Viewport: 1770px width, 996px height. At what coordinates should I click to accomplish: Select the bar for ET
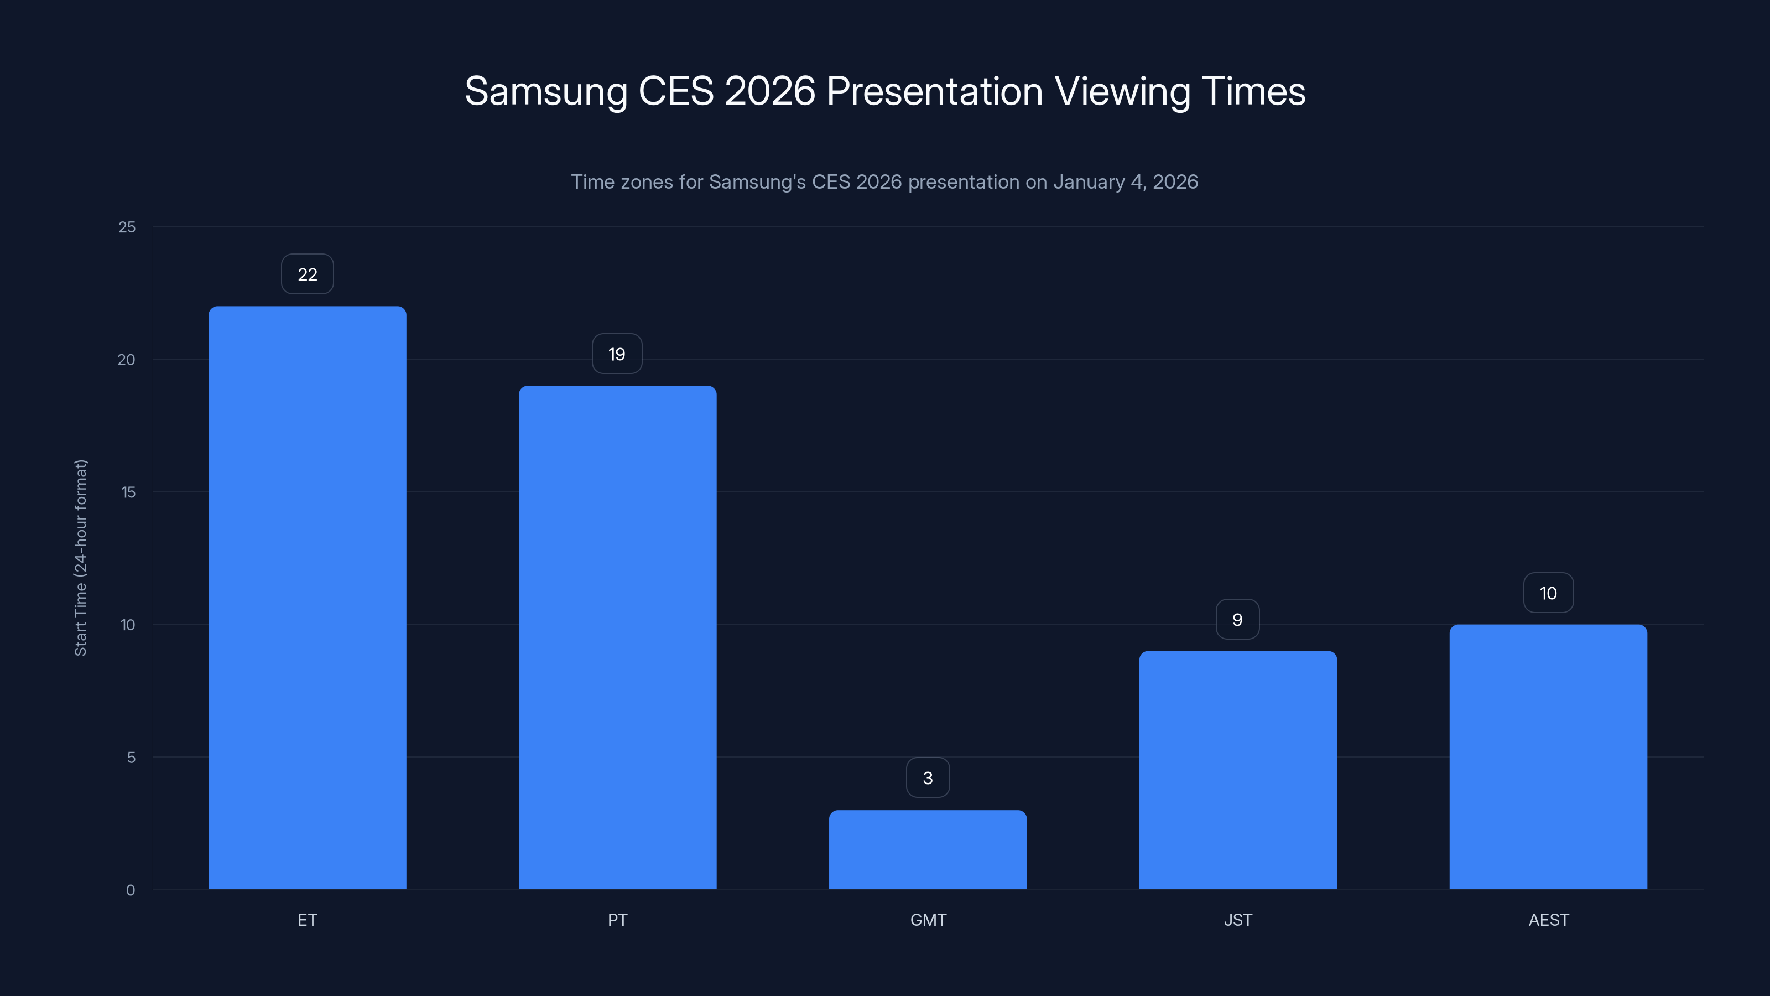pyautogui.click(x=307, y=598)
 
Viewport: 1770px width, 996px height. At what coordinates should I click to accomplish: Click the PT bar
pyautogui.click(x=617, y=637)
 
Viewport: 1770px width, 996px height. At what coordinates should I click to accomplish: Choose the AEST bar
pyautogui.click(x=1548, y=757)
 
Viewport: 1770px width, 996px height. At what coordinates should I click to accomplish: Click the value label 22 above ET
pyautogui.click(x=307, y=274)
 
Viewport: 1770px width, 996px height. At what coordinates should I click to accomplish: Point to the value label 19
pyautogui.click(x=617, y=354)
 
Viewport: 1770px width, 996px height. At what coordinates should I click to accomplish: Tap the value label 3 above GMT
pyautogui.click(x=928, y=777)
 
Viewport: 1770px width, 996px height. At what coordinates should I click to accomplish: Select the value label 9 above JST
pyautogui.click(x=1237, y=619)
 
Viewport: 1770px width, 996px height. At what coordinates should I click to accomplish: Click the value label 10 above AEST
pyautogui.click(x=1548, y=593)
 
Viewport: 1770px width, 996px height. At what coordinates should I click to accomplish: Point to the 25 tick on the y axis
pyautogui.click(x=127, y=227)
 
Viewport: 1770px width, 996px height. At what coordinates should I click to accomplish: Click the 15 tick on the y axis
pyautogui.click(x=128, y=492)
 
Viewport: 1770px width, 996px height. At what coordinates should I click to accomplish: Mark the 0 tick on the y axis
pyautogui.click(x=131, y=890)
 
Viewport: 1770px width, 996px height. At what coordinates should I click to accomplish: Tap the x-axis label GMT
pyautogui.click(x=928, y=920)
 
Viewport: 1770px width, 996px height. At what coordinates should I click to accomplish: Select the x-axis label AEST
pyautogui.click(x=1548, y=920)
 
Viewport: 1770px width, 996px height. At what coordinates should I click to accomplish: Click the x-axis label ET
pyautogui.click(x=307, y=920)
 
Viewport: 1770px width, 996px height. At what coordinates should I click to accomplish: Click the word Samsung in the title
pyautogui.click(x=545, y=91)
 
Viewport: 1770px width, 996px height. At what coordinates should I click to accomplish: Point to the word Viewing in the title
pyautogui.click(x=1122, y=91)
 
